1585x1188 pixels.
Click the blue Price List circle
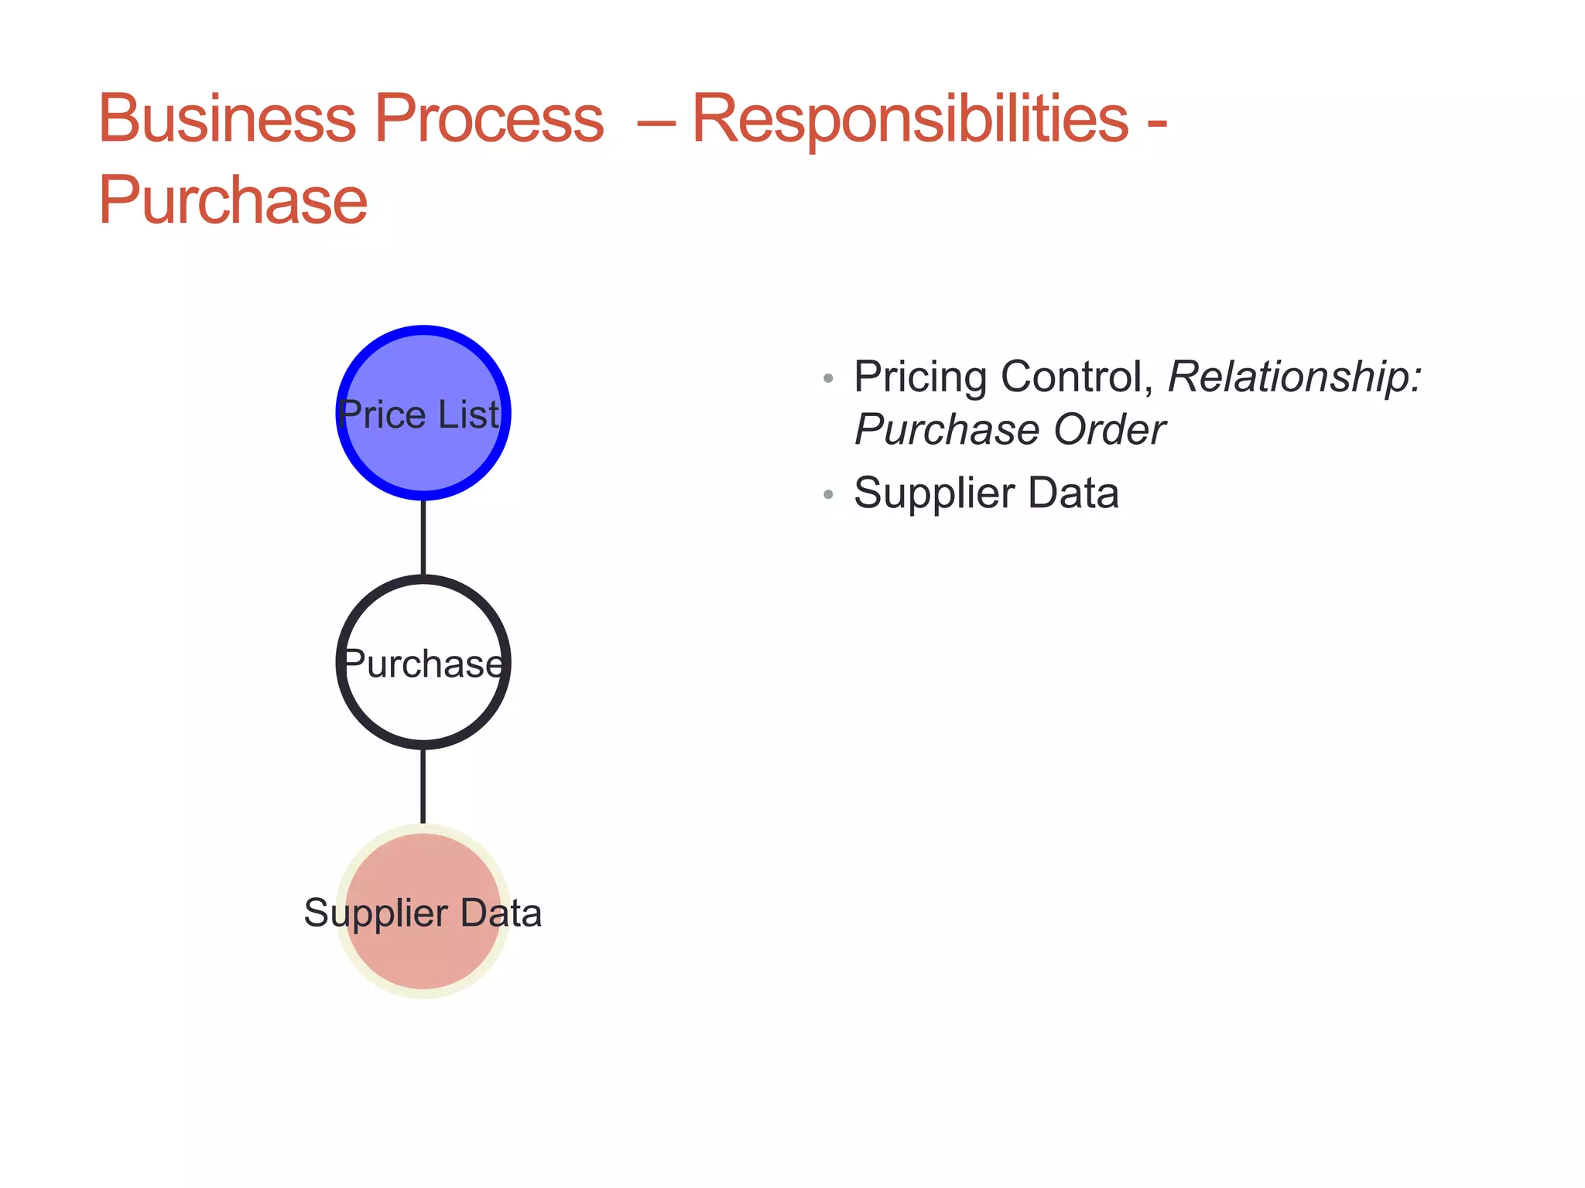423,449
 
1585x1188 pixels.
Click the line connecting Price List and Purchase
423,538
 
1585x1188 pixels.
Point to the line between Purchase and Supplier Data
423,786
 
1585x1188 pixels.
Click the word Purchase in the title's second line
232,201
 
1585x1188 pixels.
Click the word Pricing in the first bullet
920,378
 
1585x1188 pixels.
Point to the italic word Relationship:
1295,377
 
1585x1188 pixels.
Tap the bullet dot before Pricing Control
828,379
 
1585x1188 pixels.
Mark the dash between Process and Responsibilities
656,121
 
